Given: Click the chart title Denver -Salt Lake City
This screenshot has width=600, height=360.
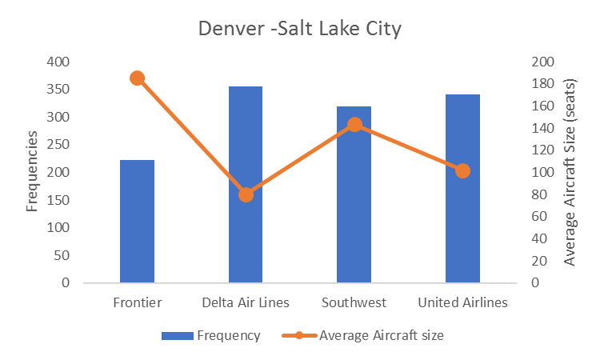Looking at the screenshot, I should click(x=299, y=30).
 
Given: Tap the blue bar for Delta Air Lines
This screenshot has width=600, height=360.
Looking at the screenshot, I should click(x=246, y=184).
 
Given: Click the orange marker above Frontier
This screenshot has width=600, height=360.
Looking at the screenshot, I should click(x=137, y=78).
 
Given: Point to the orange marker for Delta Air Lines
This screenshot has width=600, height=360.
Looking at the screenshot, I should click(x=246, y=194).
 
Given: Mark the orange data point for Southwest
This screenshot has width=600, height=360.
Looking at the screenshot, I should click(x=354, y=124).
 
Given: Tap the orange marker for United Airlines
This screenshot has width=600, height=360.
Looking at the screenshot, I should click(x=462, y=170).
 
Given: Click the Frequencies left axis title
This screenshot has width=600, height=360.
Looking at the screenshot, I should click(x=33, y=172).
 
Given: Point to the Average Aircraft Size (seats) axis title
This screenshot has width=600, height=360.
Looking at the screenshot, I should click(x=570, y=172).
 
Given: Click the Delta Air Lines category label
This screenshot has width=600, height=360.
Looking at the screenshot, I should click(x=245, y=302).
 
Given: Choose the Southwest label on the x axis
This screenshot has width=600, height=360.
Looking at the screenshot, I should click(x=354, y=302).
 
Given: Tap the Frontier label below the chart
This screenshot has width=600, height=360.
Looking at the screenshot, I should click(x=137, y=302).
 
